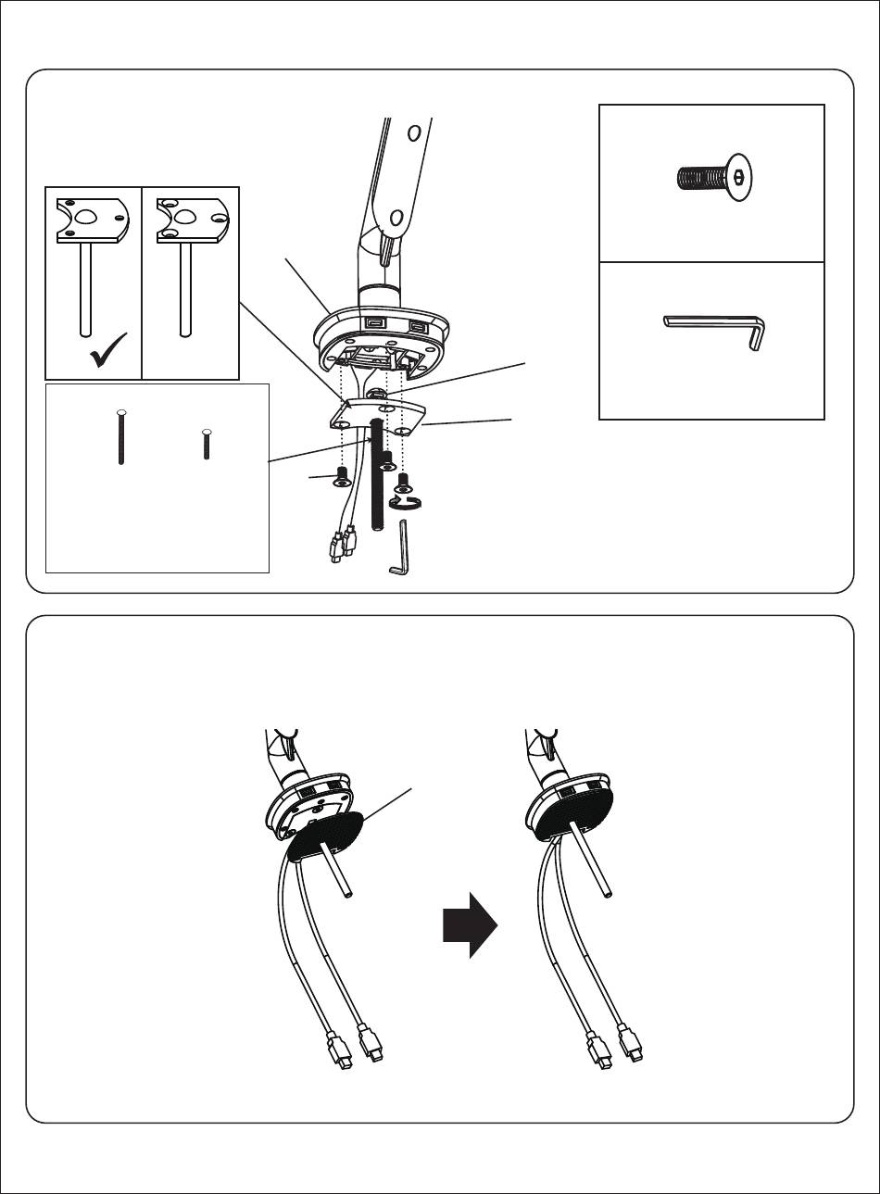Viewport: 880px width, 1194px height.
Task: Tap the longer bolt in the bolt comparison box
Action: [120, 436]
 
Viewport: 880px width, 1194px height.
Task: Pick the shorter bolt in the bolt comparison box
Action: [206, 445]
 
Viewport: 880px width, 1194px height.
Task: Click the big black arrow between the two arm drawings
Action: [471, 925]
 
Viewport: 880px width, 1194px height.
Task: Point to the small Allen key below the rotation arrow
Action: [401, 548]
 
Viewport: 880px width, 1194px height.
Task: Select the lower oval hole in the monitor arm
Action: [396, 220]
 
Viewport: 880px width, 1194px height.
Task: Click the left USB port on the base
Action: [374, 323]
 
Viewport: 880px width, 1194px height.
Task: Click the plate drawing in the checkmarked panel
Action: [90, 220]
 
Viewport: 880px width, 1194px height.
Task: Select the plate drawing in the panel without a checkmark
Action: [189, 220]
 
